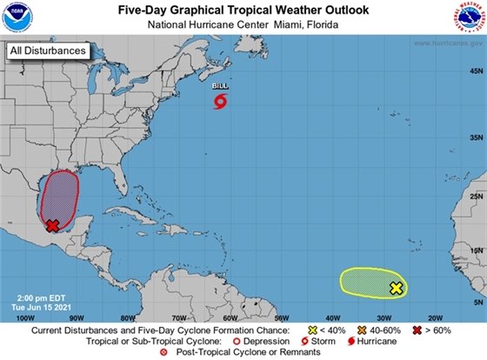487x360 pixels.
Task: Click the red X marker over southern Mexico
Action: [52, 225]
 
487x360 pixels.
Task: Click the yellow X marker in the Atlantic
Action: [397, 288]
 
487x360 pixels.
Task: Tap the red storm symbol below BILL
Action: [220, 103]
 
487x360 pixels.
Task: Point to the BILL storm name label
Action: [220, 87]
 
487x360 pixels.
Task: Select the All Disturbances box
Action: [48, 51]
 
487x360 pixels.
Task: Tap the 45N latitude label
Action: [475, 138]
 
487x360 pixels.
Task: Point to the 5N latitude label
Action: [475, 302]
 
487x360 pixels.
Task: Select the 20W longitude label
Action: [436, 318]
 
